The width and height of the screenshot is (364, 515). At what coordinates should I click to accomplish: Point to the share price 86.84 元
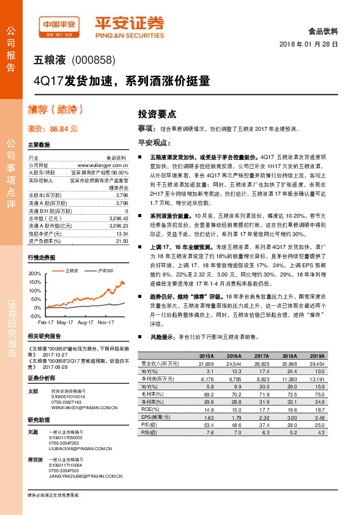pyautogui.click(x=64, y=129)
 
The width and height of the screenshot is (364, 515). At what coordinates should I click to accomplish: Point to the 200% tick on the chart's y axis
pyautogui.click(x=34, y=273)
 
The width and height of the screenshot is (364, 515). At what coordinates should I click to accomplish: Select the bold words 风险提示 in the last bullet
pyautogui.click(x=162, y=337)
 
